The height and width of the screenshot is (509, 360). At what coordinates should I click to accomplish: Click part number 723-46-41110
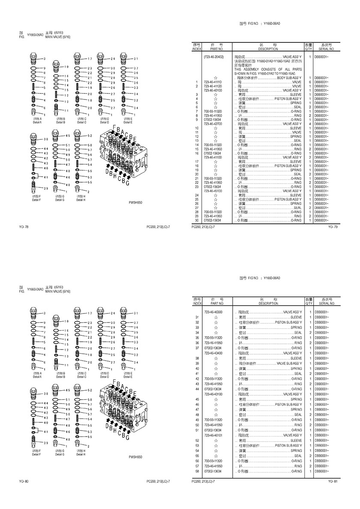(x=213, y=82)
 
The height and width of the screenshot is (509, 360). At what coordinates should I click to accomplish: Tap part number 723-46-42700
(x=213, y=124)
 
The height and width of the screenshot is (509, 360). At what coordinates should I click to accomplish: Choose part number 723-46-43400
(x=213, y=353)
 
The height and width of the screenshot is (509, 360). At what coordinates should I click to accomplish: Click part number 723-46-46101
(x=213, y=435)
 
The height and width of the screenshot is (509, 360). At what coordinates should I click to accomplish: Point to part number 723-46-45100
(x=213, y=191)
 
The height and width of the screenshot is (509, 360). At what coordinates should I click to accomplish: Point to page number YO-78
(x=24, y=226)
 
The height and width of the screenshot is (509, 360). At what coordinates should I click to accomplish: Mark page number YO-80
(x=24, y=481)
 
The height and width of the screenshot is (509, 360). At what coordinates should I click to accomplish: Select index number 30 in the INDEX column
(x=196, y=220)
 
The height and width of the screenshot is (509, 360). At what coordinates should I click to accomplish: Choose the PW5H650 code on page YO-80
(x=135, y=457)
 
